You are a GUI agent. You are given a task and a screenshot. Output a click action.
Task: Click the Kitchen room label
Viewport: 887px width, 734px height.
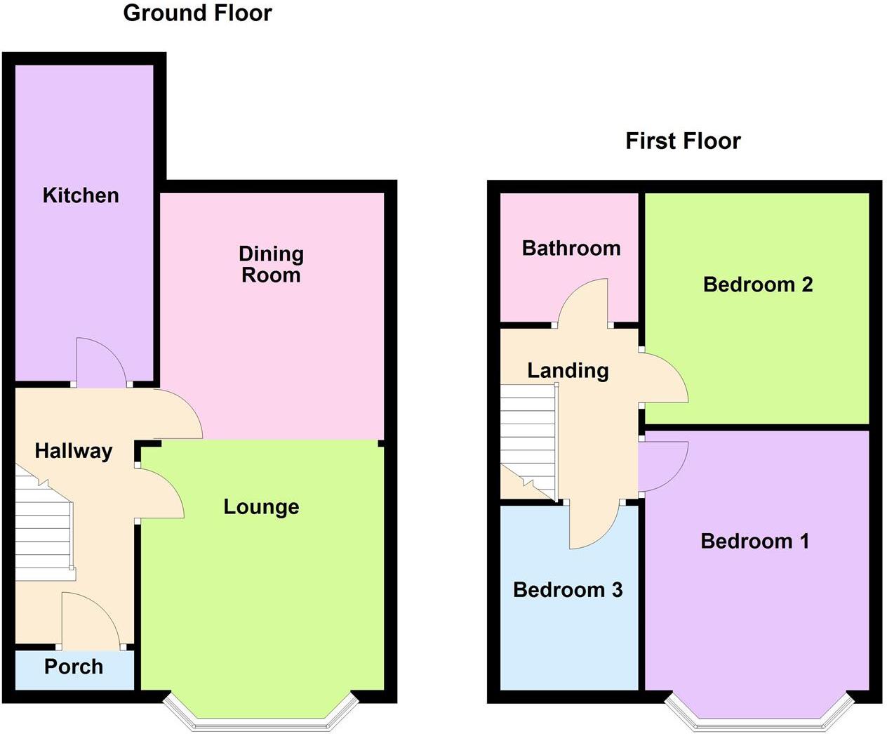coord(81,195)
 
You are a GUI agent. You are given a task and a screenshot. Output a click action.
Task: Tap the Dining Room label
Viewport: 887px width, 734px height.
coord(271,264)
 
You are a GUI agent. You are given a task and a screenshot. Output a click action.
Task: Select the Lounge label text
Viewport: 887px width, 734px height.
coord(261,506)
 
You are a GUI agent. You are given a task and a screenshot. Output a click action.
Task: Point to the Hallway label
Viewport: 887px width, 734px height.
coord(74,451)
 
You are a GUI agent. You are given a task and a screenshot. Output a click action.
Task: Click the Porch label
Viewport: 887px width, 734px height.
coord(74,667)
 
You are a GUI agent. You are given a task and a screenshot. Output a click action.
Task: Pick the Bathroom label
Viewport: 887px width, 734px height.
coord(571,248)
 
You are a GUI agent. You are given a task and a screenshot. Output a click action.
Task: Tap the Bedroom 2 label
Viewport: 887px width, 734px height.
coord(758,284)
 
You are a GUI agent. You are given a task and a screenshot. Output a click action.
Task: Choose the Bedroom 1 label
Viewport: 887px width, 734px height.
coord(755,541)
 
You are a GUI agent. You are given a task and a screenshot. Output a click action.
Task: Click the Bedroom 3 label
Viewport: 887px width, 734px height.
coord(568,589)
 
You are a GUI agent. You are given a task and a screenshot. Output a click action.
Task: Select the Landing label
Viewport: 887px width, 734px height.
coord(568,370)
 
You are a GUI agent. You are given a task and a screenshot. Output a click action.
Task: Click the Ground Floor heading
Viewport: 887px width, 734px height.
coord(197,13)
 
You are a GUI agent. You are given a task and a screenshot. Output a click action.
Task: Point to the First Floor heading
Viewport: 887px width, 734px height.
coord(683,140)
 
